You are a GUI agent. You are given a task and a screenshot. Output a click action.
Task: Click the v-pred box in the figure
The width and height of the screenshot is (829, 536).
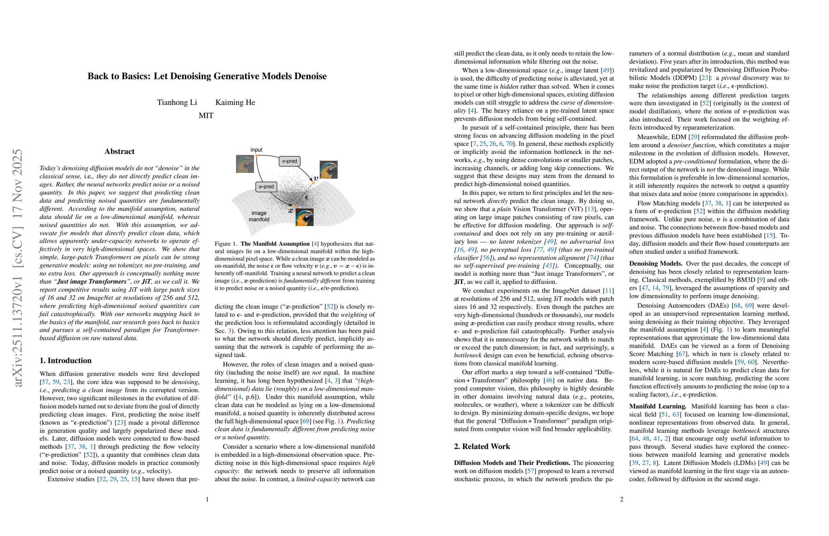coord(290,161)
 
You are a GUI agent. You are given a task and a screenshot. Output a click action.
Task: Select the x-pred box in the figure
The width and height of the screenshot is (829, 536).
coord(266,186)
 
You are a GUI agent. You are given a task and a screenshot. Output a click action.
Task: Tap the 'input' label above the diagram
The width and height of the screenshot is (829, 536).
coord(256,150)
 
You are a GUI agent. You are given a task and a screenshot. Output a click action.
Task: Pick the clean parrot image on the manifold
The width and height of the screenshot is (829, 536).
coord(304,217)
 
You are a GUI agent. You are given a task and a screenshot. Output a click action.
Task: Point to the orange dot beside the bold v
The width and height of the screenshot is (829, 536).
coord(313,183)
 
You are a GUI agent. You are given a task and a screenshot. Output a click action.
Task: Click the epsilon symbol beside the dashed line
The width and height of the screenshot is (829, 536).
coord(306,197)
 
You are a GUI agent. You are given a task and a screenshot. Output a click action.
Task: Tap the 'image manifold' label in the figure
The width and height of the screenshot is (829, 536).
coord(259,216)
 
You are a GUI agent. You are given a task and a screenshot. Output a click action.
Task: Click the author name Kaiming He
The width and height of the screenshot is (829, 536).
coord(235,102)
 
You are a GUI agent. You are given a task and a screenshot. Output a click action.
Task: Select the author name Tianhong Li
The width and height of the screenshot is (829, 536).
coord(177,102)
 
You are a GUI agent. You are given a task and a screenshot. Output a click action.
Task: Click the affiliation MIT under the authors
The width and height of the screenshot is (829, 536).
coord(206,115)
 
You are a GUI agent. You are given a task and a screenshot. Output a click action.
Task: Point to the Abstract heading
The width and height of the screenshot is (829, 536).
coord(120,151)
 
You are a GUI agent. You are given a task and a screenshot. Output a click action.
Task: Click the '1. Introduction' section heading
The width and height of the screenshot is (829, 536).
coord(65,360)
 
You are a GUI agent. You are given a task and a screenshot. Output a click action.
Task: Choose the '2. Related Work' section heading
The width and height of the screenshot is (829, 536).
coord(482,447)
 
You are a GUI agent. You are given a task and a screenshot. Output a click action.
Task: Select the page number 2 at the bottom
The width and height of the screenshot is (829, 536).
coord(621,499)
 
